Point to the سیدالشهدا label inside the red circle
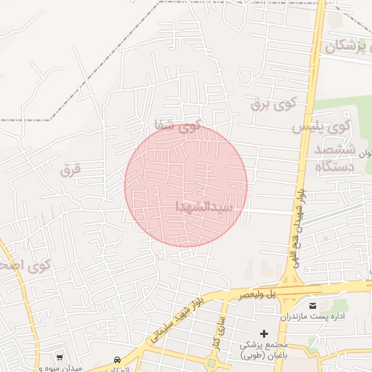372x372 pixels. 204,206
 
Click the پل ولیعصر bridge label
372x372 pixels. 262,294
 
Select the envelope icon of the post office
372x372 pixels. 314,305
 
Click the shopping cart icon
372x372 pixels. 60,357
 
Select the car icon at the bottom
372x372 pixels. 117,360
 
